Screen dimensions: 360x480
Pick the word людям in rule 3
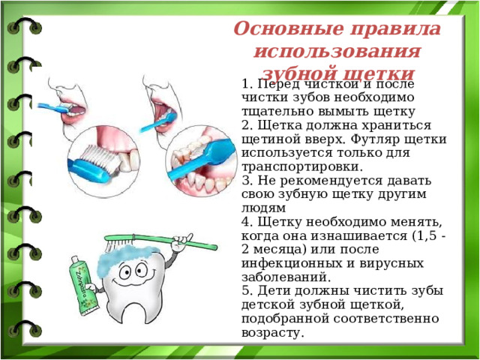263,208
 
